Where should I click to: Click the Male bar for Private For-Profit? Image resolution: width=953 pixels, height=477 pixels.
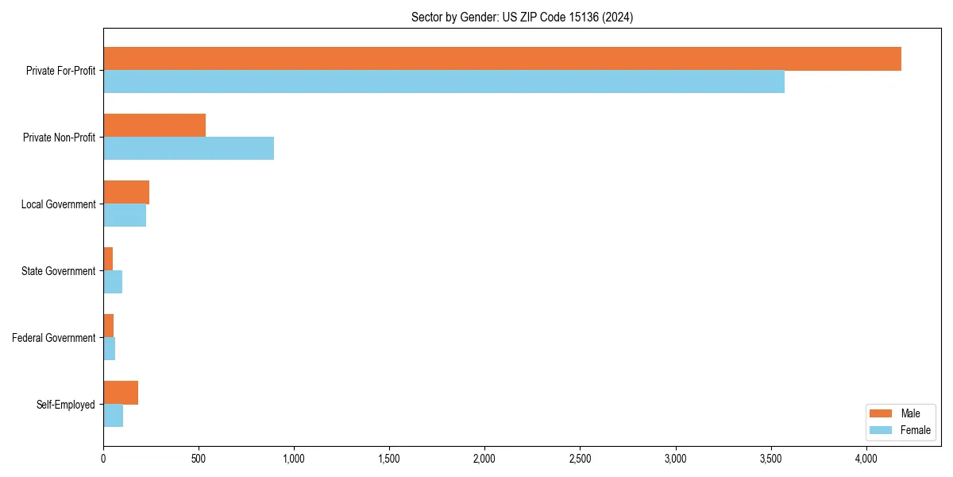click(502, 59)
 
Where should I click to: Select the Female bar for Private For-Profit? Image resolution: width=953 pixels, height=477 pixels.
click(444, 82)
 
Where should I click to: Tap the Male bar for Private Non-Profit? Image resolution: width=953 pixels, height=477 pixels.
click(154, 126)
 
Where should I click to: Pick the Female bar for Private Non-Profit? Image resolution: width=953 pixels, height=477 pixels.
click(188, 149)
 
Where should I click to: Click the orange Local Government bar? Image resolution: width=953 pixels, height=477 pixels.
click(126, 192)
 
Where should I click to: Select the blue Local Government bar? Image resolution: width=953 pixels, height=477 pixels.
click(125, 215)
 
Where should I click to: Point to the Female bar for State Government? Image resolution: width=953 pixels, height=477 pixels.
click(113, 282)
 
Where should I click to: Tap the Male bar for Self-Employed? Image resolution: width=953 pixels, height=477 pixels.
click(121, 393)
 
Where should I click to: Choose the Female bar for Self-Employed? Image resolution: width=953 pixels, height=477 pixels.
click(113, 416)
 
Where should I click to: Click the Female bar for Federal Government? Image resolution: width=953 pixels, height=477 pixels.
click(110, 349)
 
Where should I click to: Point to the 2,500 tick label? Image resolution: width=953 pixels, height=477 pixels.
click(580, 459)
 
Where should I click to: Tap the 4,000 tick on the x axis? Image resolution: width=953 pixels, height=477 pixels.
click(866, 459)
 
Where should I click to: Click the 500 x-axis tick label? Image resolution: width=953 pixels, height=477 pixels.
click(199, 459)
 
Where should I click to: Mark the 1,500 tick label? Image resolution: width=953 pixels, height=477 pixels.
click(389, 459)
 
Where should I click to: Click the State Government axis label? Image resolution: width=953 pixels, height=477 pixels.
click(58, 271)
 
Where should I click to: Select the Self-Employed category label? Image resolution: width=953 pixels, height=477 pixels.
click(66, 405)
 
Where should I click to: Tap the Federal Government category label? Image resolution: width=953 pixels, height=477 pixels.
click(54, 338)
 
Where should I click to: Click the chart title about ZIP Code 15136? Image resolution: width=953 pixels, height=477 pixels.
click(522, 17)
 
